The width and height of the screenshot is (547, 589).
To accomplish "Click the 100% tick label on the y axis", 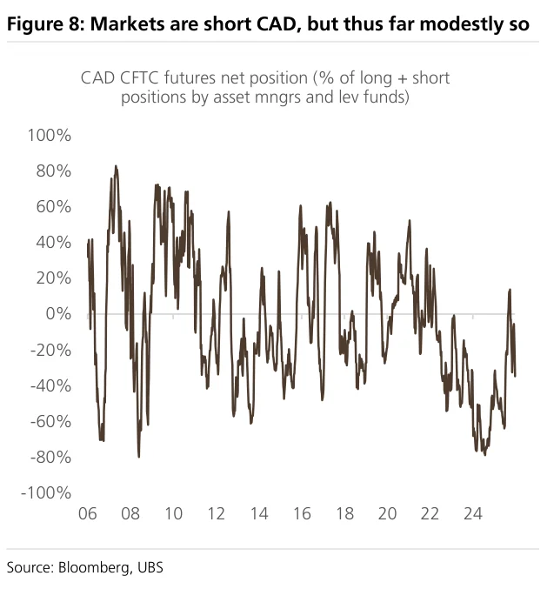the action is pos(50,135).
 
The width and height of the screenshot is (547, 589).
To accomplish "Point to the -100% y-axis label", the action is pos(46,492).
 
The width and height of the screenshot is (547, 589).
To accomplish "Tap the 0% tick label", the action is pos(58,314).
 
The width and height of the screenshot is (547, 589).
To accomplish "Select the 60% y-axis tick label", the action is pos(53,206).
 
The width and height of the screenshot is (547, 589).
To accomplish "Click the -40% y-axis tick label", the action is pos(50,385).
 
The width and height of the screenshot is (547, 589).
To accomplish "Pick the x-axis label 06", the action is pos(88,513).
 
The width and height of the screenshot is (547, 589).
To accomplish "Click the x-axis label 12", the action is pos(217,513).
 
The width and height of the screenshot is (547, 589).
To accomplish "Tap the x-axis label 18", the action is pos(344,513).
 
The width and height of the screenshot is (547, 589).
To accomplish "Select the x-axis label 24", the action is pos(473,513).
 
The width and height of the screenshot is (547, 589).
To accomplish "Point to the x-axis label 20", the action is pos(387,513).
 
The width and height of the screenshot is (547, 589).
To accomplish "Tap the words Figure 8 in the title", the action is pos(47,24).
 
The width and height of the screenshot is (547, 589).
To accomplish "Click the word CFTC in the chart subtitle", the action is pos(140,77).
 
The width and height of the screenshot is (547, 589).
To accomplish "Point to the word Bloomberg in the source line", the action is pos(95,567).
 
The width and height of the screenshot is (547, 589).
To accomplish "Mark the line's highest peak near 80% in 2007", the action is pos(116,166).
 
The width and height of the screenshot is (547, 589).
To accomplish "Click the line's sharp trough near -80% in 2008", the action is pos(139,456).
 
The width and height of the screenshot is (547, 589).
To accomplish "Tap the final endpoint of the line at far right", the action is pos(515,376).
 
